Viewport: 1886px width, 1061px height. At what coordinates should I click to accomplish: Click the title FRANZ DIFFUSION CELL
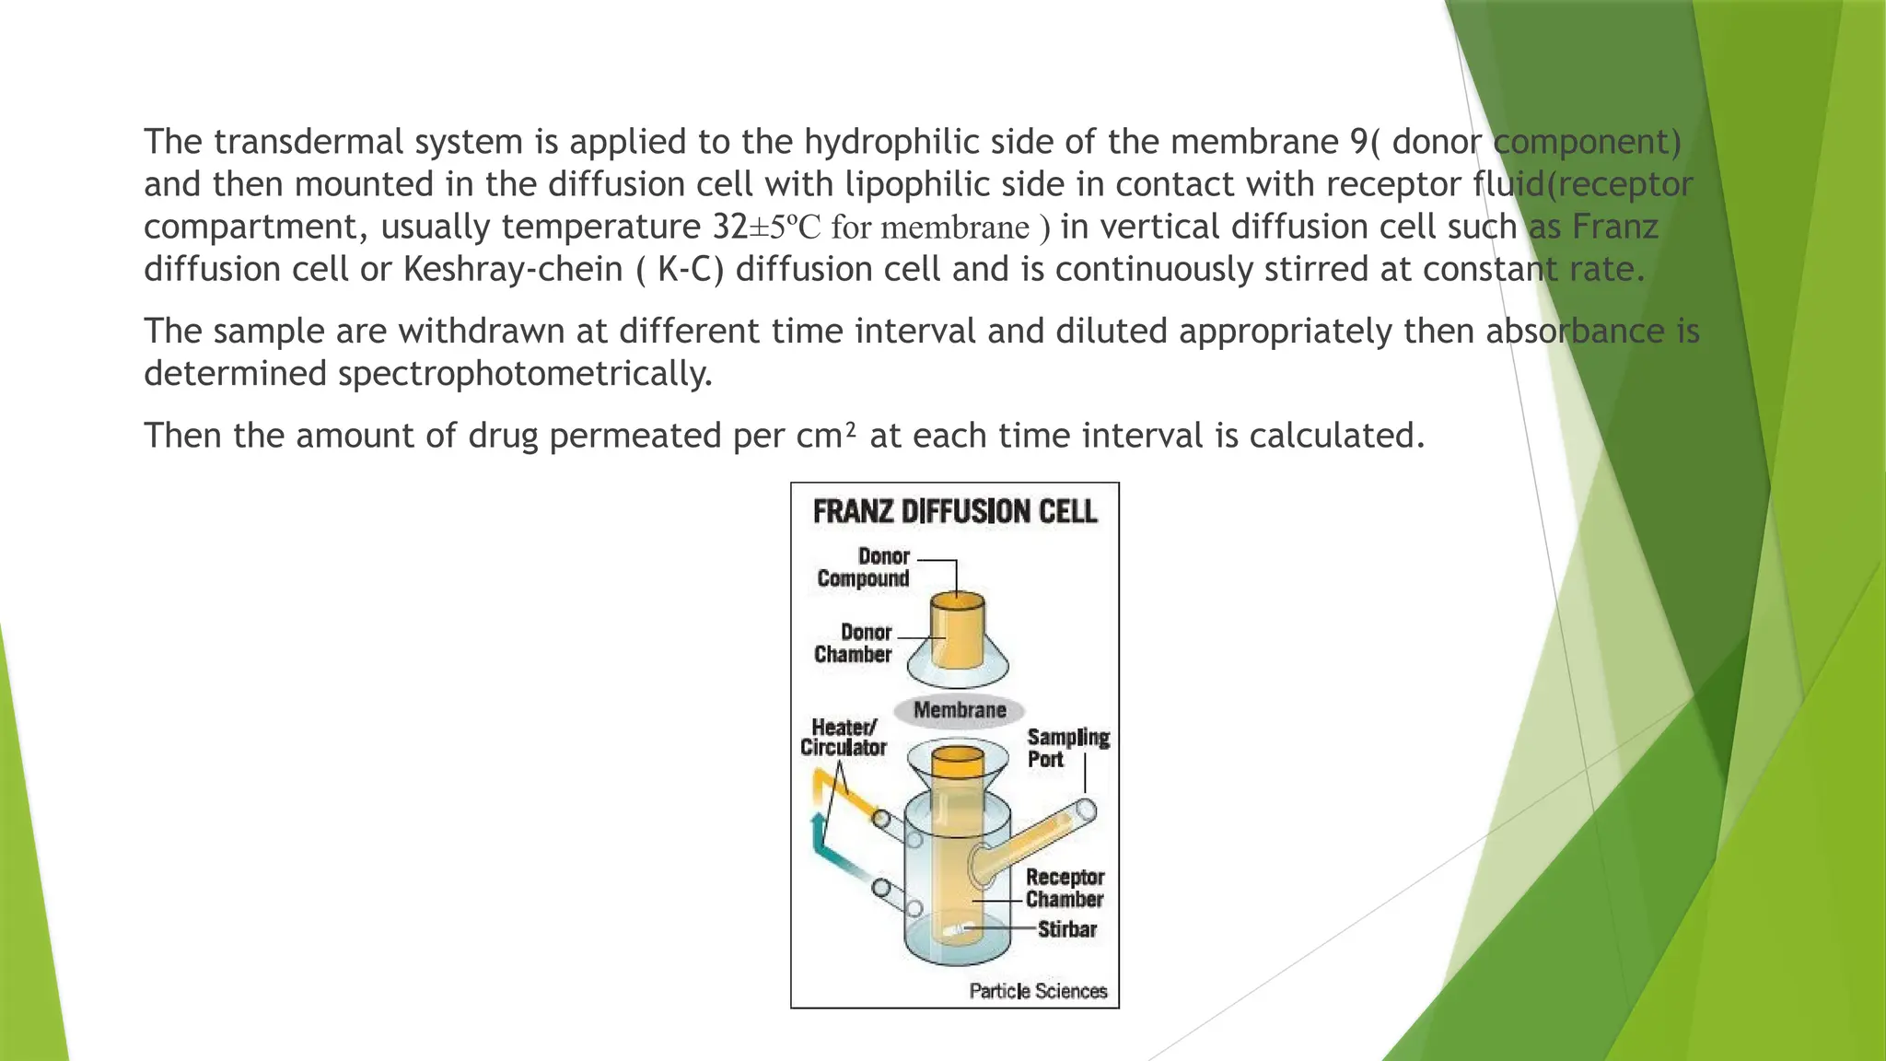[x=955, y=512]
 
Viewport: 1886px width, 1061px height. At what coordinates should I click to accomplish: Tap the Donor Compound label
[x=864, y=567]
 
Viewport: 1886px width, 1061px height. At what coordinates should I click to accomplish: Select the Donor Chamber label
[x=853, y=643]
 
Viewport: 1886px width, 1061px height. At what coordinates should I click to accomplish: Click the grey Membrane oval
[x=960, y=710]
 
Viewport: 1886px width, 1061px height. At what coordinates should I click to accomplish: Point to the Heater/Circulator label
[x=843, y=738]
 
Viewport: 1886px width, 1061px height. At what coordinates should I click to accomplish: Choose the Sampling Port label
[x=1067, y=748]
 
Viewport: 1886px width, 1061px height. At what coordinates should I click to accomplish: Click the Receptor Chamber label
[x=1065, y=888]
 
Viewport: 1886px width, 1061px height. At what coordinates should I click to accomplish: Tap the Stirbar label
[x=1066, y=929]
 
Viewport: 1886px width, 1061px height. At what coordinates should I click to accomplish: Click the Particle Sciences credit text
[x=1038, y=991]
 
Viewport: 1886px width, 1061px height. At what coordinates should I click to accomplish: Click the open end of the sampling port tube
[x=1086, y=811]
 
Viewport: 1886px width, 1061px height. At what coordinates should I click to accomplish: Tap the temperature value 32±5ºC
[x=766, y=227]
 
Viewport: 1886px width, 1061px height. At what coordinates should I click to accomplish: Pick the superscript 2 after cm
[x=851, y=427]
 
